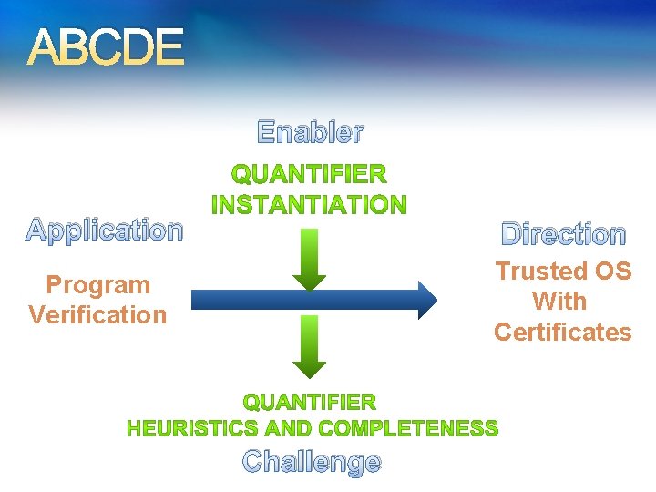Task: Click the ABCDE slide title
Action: coord(105,47)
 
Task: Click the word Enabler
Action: coord(310,133)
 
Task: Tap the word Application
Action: coord(104,231)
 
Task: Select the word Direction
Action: coord(564,234)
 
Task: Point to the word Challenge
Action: coord(312,462)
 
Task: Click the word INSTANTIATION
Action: coord(309,205)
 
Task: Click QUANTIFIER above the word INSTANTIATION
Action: coord(309,174)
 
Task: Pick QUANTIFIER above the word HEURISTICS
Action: coord(309,402)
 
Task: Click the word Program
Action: coord(98,285)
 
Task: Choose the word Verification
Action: coord(98,315)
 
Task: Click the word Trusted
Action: coord(541,271)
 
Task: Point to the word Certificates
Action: coord(562,332)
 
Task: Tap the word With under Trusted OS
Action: coord(559,301)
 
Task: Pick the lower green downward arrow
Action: coord(310,346)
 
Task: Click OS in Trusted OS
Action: coord(613,271)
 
